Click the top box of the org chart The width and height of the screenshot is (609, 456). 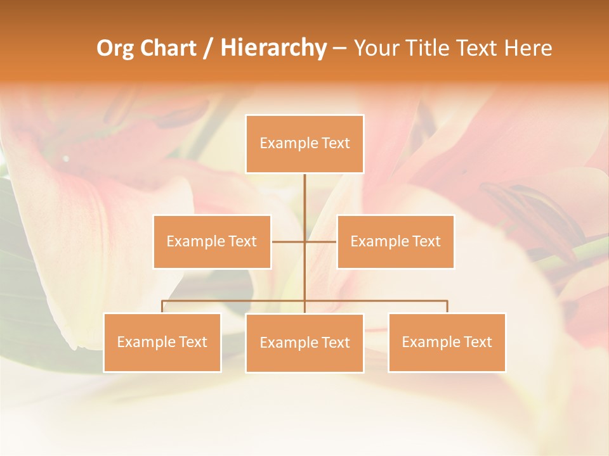304,144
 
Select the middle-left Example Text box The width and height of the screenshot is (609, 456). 212,241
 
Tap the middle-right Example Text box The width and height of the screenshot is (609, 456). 395,241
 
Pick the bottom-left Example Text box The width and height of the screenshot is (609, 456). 162,342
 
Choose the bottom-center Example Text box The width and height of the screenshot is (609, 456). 304,343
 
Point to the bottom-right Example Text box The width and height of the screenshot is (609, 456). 447,342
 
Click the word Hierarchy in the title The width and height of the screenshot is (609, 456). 273,48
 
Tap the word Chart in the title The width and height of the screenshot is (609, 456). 167,48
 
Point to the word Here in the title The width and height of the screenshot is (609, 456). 528,48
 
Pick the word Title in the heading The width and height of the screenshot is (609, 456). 433,48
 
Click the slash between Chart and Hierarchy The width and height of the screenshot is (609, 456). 208,49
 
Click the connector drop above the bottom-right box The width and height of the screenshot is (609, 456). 447,307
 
